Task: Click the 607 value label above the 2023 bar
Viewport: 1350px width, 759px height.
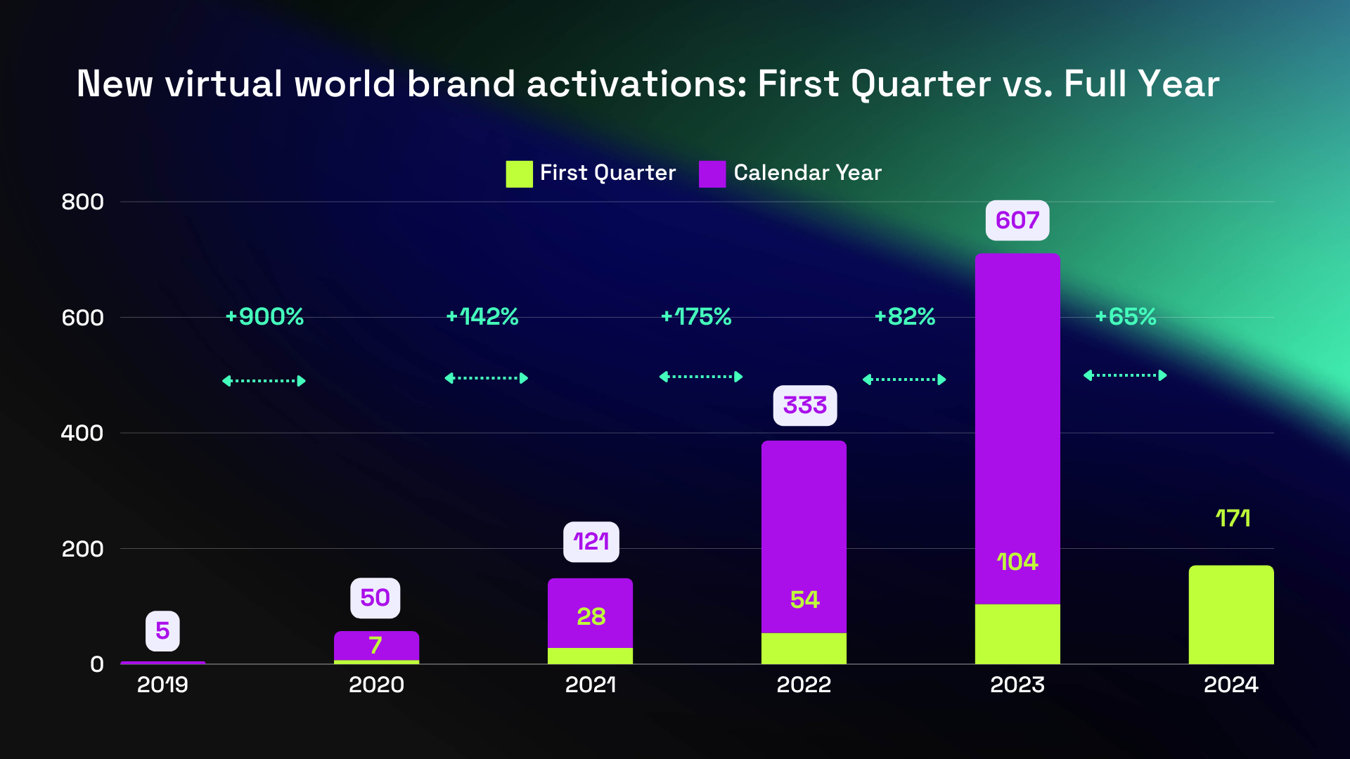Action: (1017, 221)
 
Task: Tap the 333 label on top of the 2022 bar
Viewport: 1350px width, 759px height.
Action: (804, 406)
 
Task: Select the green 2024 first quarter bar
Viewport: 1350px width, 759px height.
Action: (1230, 615)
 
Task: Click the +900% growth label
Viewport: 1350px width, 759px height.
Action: (264, 317)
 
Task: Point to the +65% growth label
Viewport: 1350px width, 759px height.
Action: (1125, 317)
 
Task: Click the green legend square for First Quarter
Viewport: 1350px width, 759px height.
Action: (519, 174)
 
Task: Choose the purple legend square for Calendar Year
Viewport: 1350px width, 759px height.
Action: (712, 174)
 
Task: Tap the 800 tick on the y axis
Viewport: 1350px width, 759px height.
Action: (82, 202)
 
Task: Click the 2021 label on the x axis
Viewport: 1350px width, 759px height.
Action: (590, 685)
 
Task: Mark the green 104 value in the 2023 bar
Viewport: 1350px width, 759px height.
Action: (1017, 562)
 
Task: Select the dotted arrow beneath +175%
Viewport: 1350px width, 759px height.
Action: (700, 377)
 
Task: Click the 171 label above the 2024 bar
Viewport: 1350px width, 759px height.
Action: (1233, 519)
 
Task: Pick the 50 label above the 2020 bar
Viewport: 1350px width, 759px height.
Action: (375, 598)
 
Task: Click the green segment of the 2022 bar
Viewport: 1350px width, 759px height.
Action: (804, 648)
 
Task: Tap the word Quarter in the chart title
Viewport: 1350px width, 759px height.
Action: (920, 84)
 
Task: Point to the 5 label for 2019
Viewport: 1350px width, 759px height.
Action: (162, 631)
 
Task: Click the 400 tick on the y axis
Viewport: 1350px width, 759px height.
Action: (82, 433)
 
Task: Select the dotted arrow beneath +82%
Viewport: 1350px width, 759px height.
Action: (904, 379)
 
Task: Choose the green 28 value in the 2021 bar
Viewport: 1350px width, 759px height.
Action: (591, 617)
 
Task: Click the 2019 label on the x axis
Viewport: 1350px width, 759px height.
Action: (162, 685)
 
